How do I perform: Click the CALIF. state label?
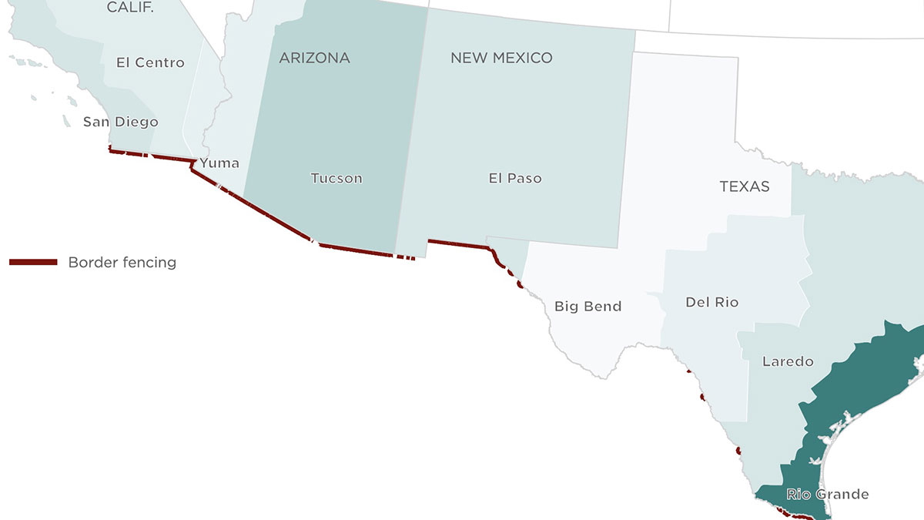point(129,8)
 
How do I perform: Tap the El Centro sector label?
point(150,63)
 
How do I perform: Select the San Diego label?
point(121,122)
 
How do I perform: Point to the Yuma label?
point(219,163)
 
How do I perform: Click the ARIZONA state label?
point(314,59)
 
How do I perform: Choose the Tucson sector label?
point(336,179)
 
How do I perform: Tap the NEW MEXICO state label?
point(501,59)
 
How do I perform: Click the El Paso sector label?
point(515,179)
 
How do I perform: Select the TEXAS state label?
point(745,186)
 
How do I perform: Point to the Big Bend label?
point(588,307)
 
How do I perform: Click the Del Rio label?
point(711,303)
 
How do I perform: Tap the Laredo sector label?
point(788,361)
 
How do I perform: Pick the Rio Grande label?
point(827,495)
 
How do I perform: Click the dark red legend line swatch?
point(33,263)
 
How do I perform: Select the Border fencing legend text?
point(122,263)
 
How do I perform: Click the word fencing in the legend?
point(149,263)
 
